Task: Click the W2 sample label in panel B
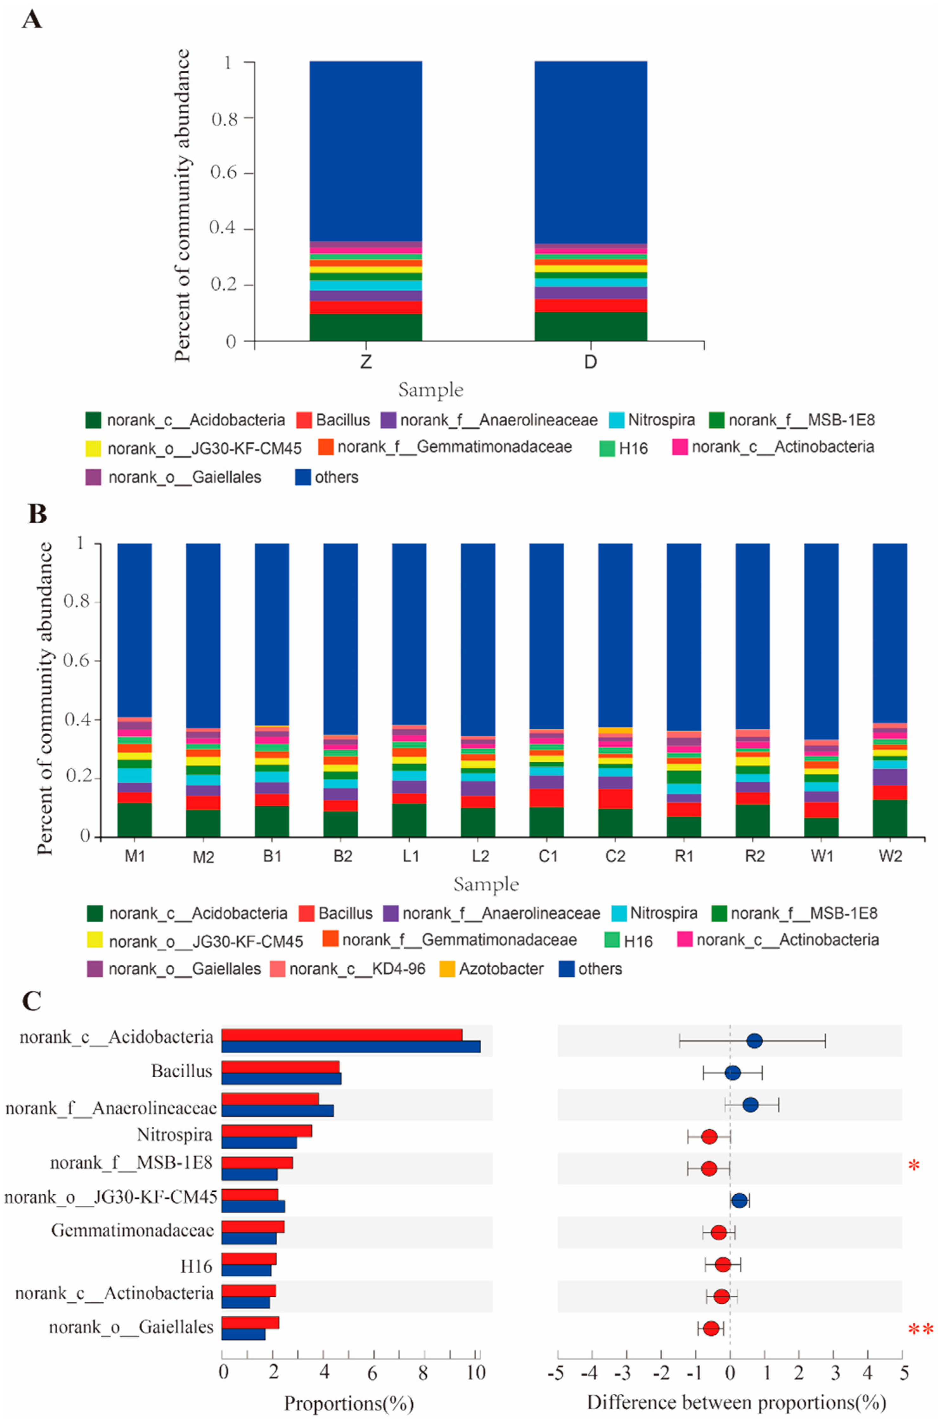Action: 890,856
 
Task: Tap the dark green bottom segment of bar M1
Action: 135,820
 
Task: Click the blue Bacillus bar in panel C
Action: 281,1078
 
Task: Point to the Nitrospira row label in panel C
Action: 175,1134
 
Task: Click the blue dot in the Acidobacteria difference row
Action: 754,1041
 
